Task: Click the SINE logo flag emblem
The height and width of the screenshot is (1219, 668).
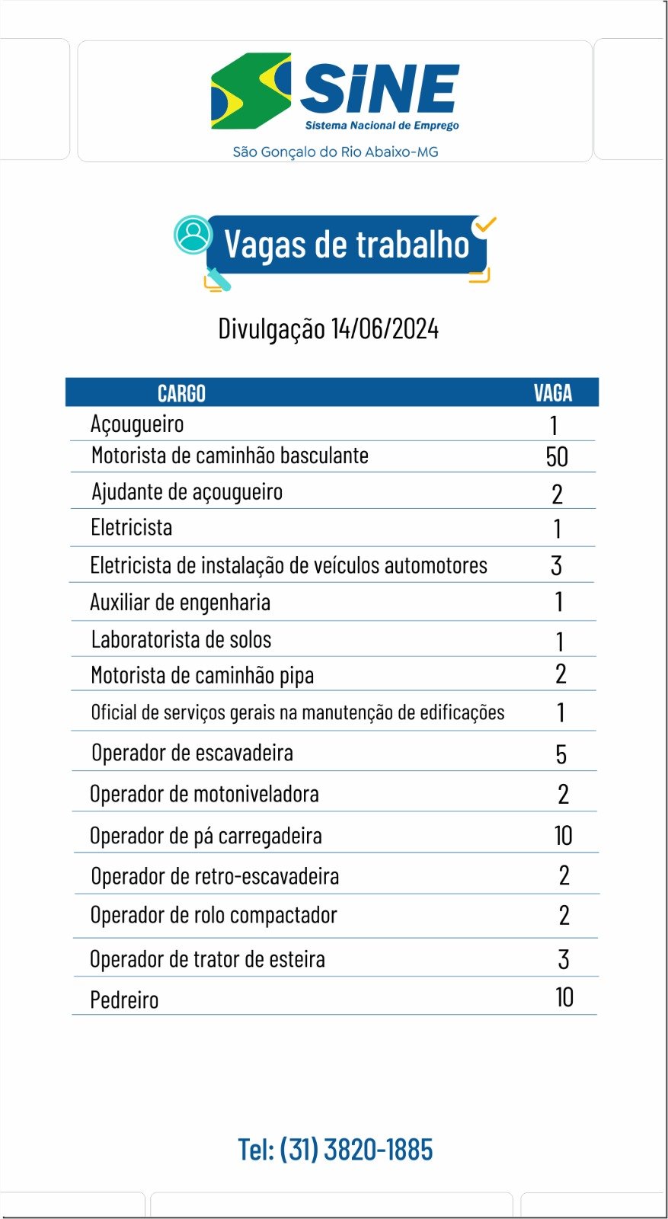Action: (x=251, y=91)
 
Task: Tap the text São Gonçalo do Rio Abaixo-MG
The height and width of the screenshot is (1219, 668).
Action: (x=335, y=152)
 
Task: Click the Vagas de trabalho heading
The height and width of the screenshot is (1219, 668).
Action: (x=347, y=245)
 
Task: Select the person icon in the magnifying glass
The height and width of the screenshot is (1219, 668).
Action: (x=193, y=234)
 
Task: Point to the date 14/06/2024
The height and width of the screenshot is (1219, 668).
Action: (x=385, y=329)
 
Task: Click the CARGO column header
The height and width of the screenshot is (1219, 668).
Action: (x=181, y=393)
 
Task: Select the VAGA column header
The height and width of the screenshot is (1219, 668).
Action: (x=552, y=393)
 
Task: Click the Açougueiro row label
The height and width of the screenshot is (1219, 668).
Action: (x=137, y=424)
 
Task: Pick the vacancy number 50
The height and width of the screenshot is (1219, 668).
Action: (x=557, y=457)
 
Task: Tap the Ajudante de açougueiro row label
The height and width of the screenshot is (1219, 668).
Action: (x=187, y=492)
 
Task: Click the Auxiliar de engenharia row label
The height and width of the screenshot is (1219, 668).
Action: (x=180, y=603)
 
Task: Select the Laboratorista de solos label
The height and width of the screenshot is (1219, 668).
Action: (x=181, y=639)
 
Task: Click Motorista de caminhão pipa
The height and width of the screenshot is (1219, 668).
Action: (x=202, y=675)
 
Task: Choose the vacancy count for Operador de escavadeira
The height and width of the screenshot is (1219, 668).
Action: (x=561, y=754)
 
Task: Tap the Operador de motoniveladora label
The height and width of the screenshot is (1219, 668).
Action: (x=204, y=794)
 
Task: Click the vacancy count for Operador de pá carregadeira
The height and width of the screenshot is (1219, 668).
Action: (x=563, y=836)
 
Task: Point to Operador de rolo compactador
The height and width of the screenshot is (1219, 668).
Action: (x=213, y=915)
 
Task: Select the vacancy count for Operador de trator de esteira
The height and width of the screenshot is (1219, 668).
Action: (x=563, y=959)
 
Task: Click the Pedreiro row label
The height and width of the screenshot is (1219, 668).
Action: (x=124, y=1000)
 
